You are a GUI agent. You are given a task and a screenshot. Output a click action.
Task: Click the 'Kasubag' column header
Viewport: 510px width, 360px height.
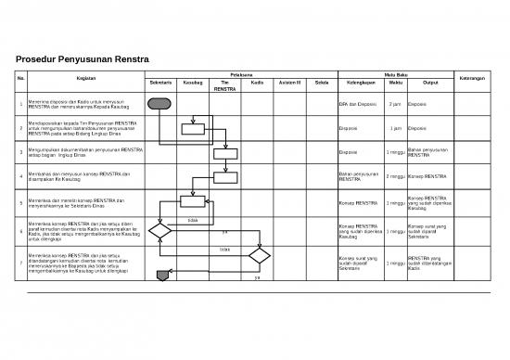point(193,84)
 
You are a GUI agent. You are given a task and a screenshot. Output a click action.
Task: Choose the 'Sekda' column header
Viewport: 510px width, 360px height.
point(321,84)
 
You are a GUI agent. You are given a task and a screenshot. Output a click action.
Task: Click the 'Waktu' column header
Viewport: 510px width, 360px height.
point(395,84)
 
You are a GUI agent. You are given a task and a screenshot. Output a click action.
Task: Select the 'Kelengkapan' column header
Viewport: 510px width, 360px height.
point(357,84)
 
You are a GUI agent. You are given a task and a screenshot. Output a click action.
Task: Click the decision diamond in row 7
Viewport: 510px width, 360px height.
point(257,255)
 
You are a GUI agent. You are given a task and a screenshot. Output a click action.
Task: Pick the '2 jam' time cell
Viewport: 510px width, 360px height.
point(395,105)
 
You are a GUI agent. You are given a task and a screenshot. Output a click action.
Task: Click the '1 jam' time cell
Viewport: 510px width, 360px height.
point(395,129)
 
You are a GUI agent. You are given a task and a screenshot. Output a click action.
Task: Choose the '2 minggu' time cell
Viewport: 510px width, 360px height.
point(395,176)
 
